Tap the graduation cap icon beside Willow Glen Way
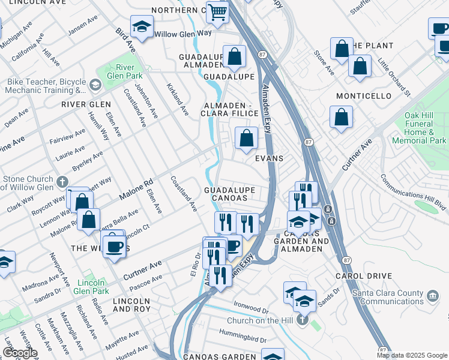(x=142, y=27)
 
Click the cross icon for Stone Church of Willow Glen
(x=63, y=181)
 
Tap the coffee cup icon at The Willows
(x=114, y=245)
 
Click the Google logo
(x=20, y=353)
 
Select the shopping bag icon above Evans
(x=246, y=139)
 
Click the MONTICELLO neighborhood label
(x=363, y=96)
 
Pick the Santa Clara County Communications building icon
(x=432, y=296)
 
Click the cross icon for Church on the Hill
(x=303, y=321)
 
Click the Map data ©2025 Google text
(x=412, y=355)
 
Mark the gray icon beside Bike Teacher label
(x=95, y=85)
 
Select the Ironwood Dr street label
(x=251, y=311)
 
